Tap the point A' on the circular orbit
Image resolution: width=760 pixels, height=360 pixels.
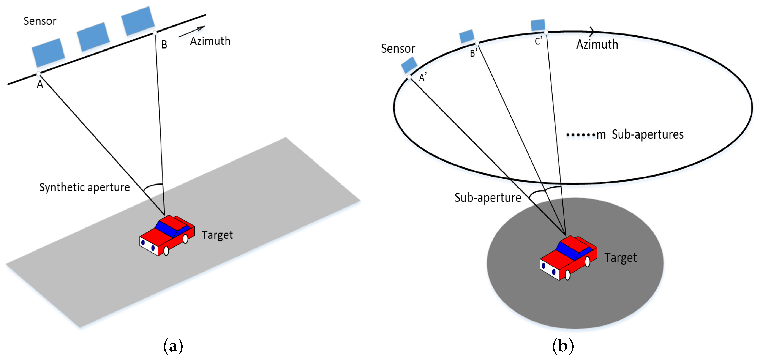coord(409,77)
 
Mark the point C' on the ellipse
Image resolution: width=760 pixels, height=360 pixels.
coord(546,32)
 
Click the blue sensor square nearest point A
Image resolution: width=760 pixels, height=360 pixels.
coord(48,52)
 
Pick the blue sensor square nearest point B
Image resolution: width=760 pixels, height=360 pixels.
coord(138,21)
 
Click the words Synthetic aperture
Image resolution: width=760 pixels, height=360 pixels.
coord(84,187)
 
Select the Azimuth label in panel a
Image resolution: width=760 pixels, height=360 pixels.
coord(210,41)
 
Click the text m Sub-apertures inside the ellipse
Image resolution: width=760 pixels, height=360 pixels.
coord(640,134)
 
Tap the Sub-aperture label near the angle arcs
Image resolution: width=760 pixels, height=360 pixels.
coord(487,197)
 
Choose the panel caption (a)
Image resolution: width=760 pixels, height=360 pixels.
coord(173,346)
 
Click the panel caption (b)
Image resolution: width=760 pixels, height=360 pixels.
coord(563,346)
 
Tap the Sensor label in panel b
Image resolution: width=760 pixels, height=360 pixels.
coord(398,49)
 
